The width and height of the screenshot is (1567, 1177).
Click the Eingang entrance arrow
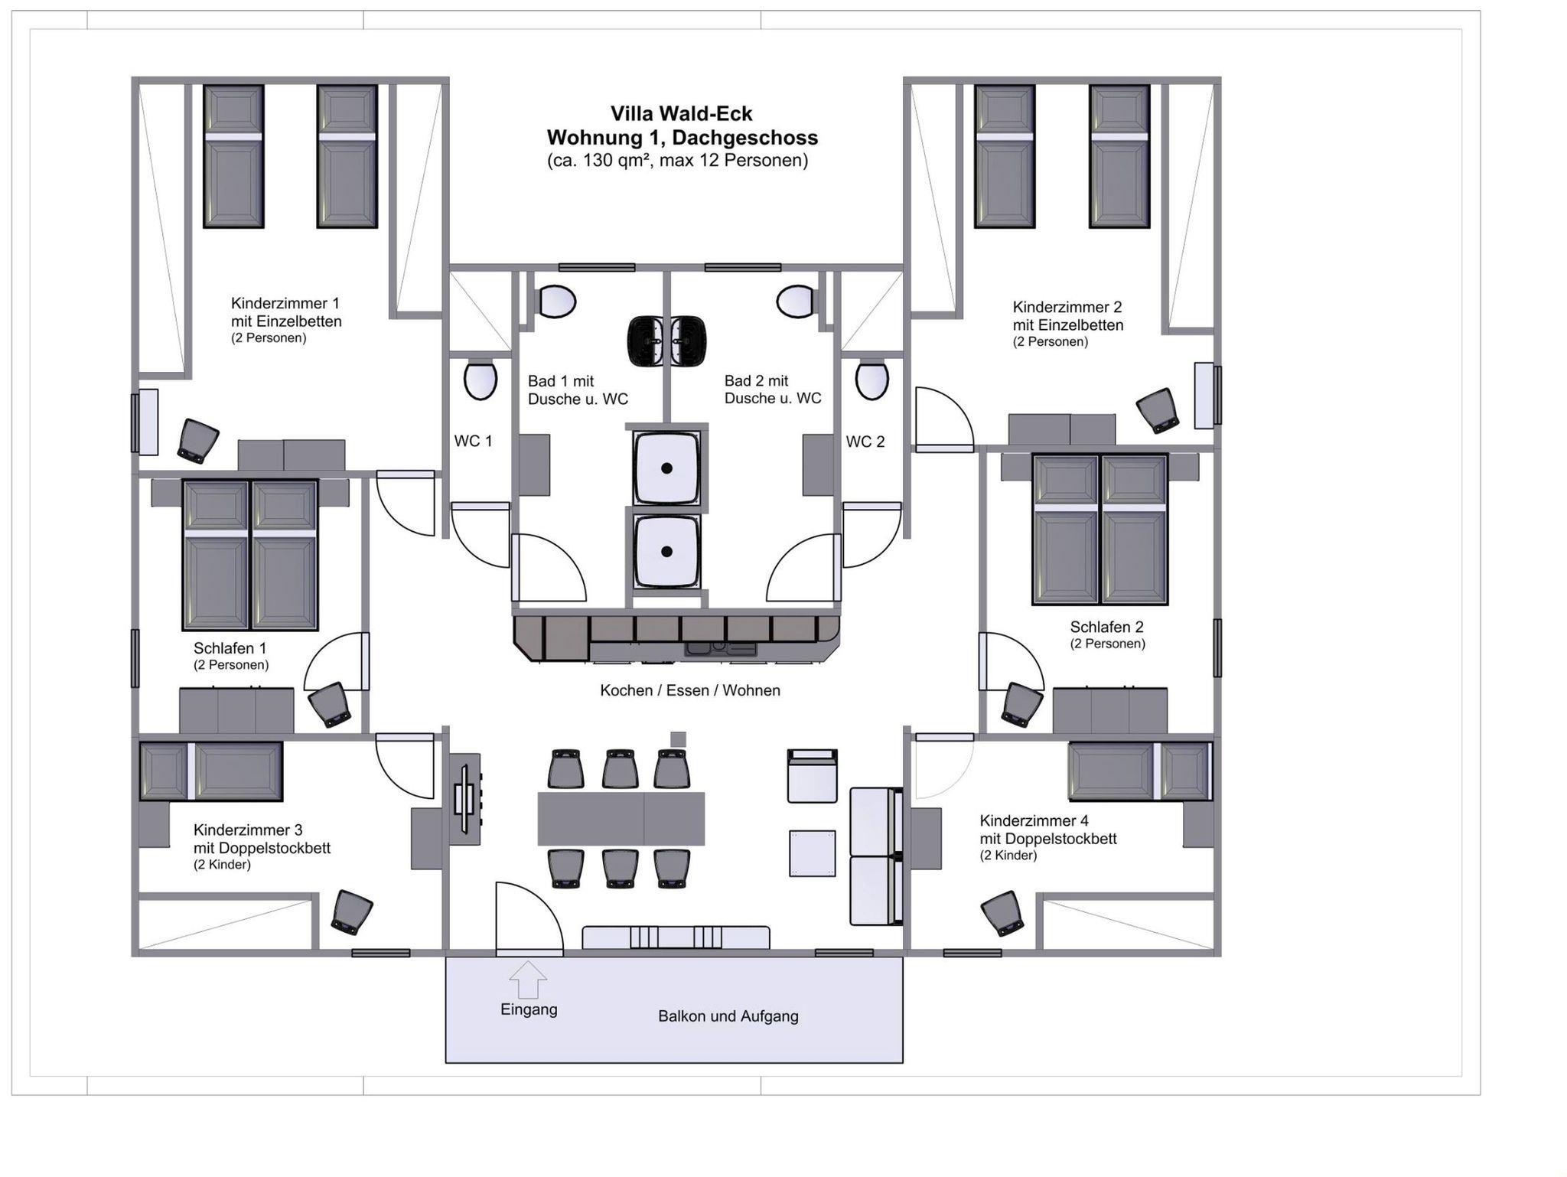[528, 980]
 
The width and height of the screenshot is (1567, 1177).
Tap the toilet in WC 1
[481, 380]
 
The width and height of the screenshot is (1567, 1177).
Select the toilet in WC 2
[871, 380]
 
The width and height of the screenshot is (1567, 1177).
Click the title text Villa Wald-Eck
[681, 114]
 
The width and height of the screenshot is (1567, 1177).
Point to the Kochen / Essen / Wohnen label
[689, 690]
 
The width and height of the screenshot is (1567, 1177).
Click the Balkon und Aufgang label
[728, 1016]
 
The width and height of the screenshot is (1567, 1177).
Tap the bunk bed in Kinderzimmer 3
[211, 771]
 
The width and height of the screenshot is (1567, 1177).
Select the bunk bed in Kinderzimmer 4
[1139, 771]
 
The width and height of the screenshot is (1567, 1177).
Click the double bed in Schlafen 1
[250, 555]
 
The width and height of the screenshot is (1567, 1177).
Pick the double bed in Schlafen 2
[1100, 530]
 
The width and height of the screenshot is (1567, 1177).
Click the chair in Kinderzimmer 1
[198, 441]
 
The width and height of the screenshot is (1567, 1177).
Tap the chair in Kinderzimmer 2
[1158, 410]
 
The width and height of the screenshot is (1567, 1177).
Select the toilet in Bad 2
[796, 302]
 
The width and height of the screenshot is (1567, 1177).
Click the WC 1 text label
[473, 442]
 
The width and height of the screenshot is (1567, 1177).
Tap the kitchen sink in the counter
[721, 649]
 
